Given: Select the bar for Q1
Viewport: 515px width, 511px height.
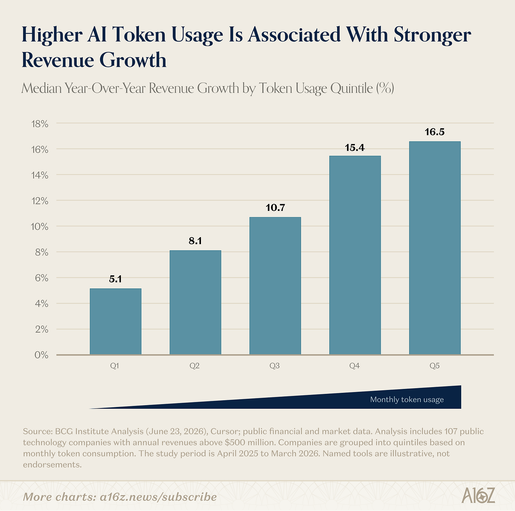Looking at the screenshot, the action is (x=115, y=321).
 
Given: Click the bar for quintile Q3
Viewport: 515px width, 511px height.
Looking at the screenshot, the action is (x=275, y=286).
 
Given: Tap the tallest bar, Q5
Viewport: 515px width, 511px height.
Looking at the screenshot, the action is (x=435, y=248).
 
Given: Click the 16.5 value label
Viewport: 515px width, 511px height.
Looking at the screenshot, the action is (x=435, y=132).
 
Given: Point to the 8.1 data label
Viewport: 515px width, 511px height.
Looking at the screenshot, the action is (x=195, y=241).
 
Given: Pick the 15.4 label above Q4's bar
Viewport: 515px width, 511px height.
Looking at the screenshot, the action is (x=355, y=148).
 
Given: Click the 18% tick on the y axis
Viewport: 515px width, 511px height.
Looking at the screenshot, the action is (x=40, y=124).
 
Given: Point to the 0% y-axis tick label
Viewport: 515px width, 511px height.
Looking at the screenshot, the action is (x=41, y=355).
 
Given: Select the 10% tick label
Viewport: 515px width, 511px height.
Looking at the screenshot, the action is (x=40, y=227).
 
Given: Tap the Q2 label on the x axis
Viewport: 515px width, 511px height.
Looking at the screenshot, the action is (x=195, y=366).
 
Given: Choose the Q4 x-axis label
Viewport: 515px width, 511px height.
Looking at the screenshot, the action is (x=354, y=366).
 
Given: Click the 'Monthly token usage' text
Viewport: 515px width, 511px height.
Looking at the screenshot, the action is (x=407, y=400).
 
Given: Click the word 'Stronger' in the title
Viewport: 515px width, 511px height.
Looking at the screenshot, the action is (x=433, y=35).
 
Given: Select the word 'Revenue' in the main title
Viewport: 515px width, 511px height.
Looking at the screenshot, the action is (x=58, y=60).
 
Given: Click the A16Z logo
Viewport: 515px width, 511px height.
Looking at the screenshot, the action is (x=478, y=495).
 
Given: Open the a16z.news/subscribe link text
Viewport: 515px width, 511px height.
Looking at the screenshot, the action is (x=158, y=497).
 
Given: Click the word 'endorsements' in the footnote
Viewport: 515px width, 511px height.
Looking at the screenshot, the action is (x=52, y=465).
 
